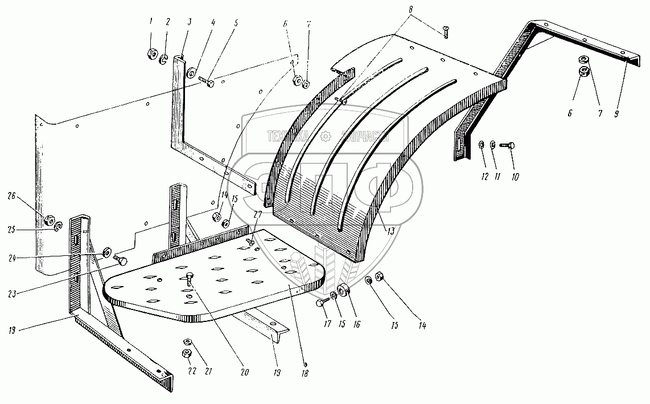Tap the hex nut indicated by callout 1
click(x=151, y=55)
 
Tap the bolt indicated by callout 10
click(x=508, y=146)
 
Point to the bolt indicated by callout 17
click(x=321, y=303)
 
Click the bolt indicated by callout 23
click(x=121, y=260)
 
